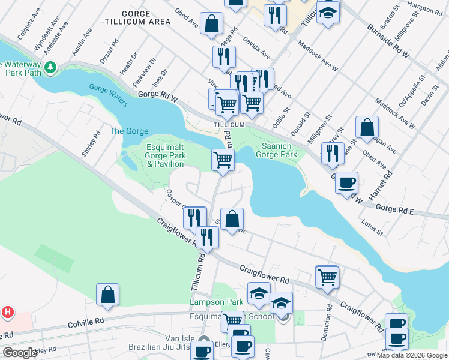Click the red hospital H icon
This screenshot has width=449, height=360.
pyautogui.click(x=7, y=312)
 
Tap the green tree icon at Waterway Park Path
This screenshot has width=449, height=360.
pyautogui.click(x=52, y=66)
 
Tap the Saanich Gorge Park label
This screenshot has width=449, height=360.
pyautogui.click(x=276, y=150)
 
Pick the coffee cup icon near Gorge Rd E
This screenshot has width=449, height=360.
pyautogui.click(x=346, y=181)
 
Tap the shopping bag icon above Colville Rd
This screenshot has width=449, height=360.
pyautogui.click(x=107, y=294)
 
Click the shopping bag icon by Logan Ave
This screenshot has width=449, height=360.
pyautogui.click(x=367, y=127)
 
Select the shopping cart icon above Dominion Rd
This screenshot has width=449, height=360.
pyautogui.click(x=327, y=277)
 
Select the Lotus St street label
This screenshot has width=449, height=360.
pyautogui.click(x=372, y=229)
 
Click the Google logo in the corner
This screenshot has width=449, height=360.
pyautogui.click(x=20, y=353)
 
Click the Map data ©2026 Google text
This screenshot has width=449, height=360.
pyautogui.click(x=411, y=355)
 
